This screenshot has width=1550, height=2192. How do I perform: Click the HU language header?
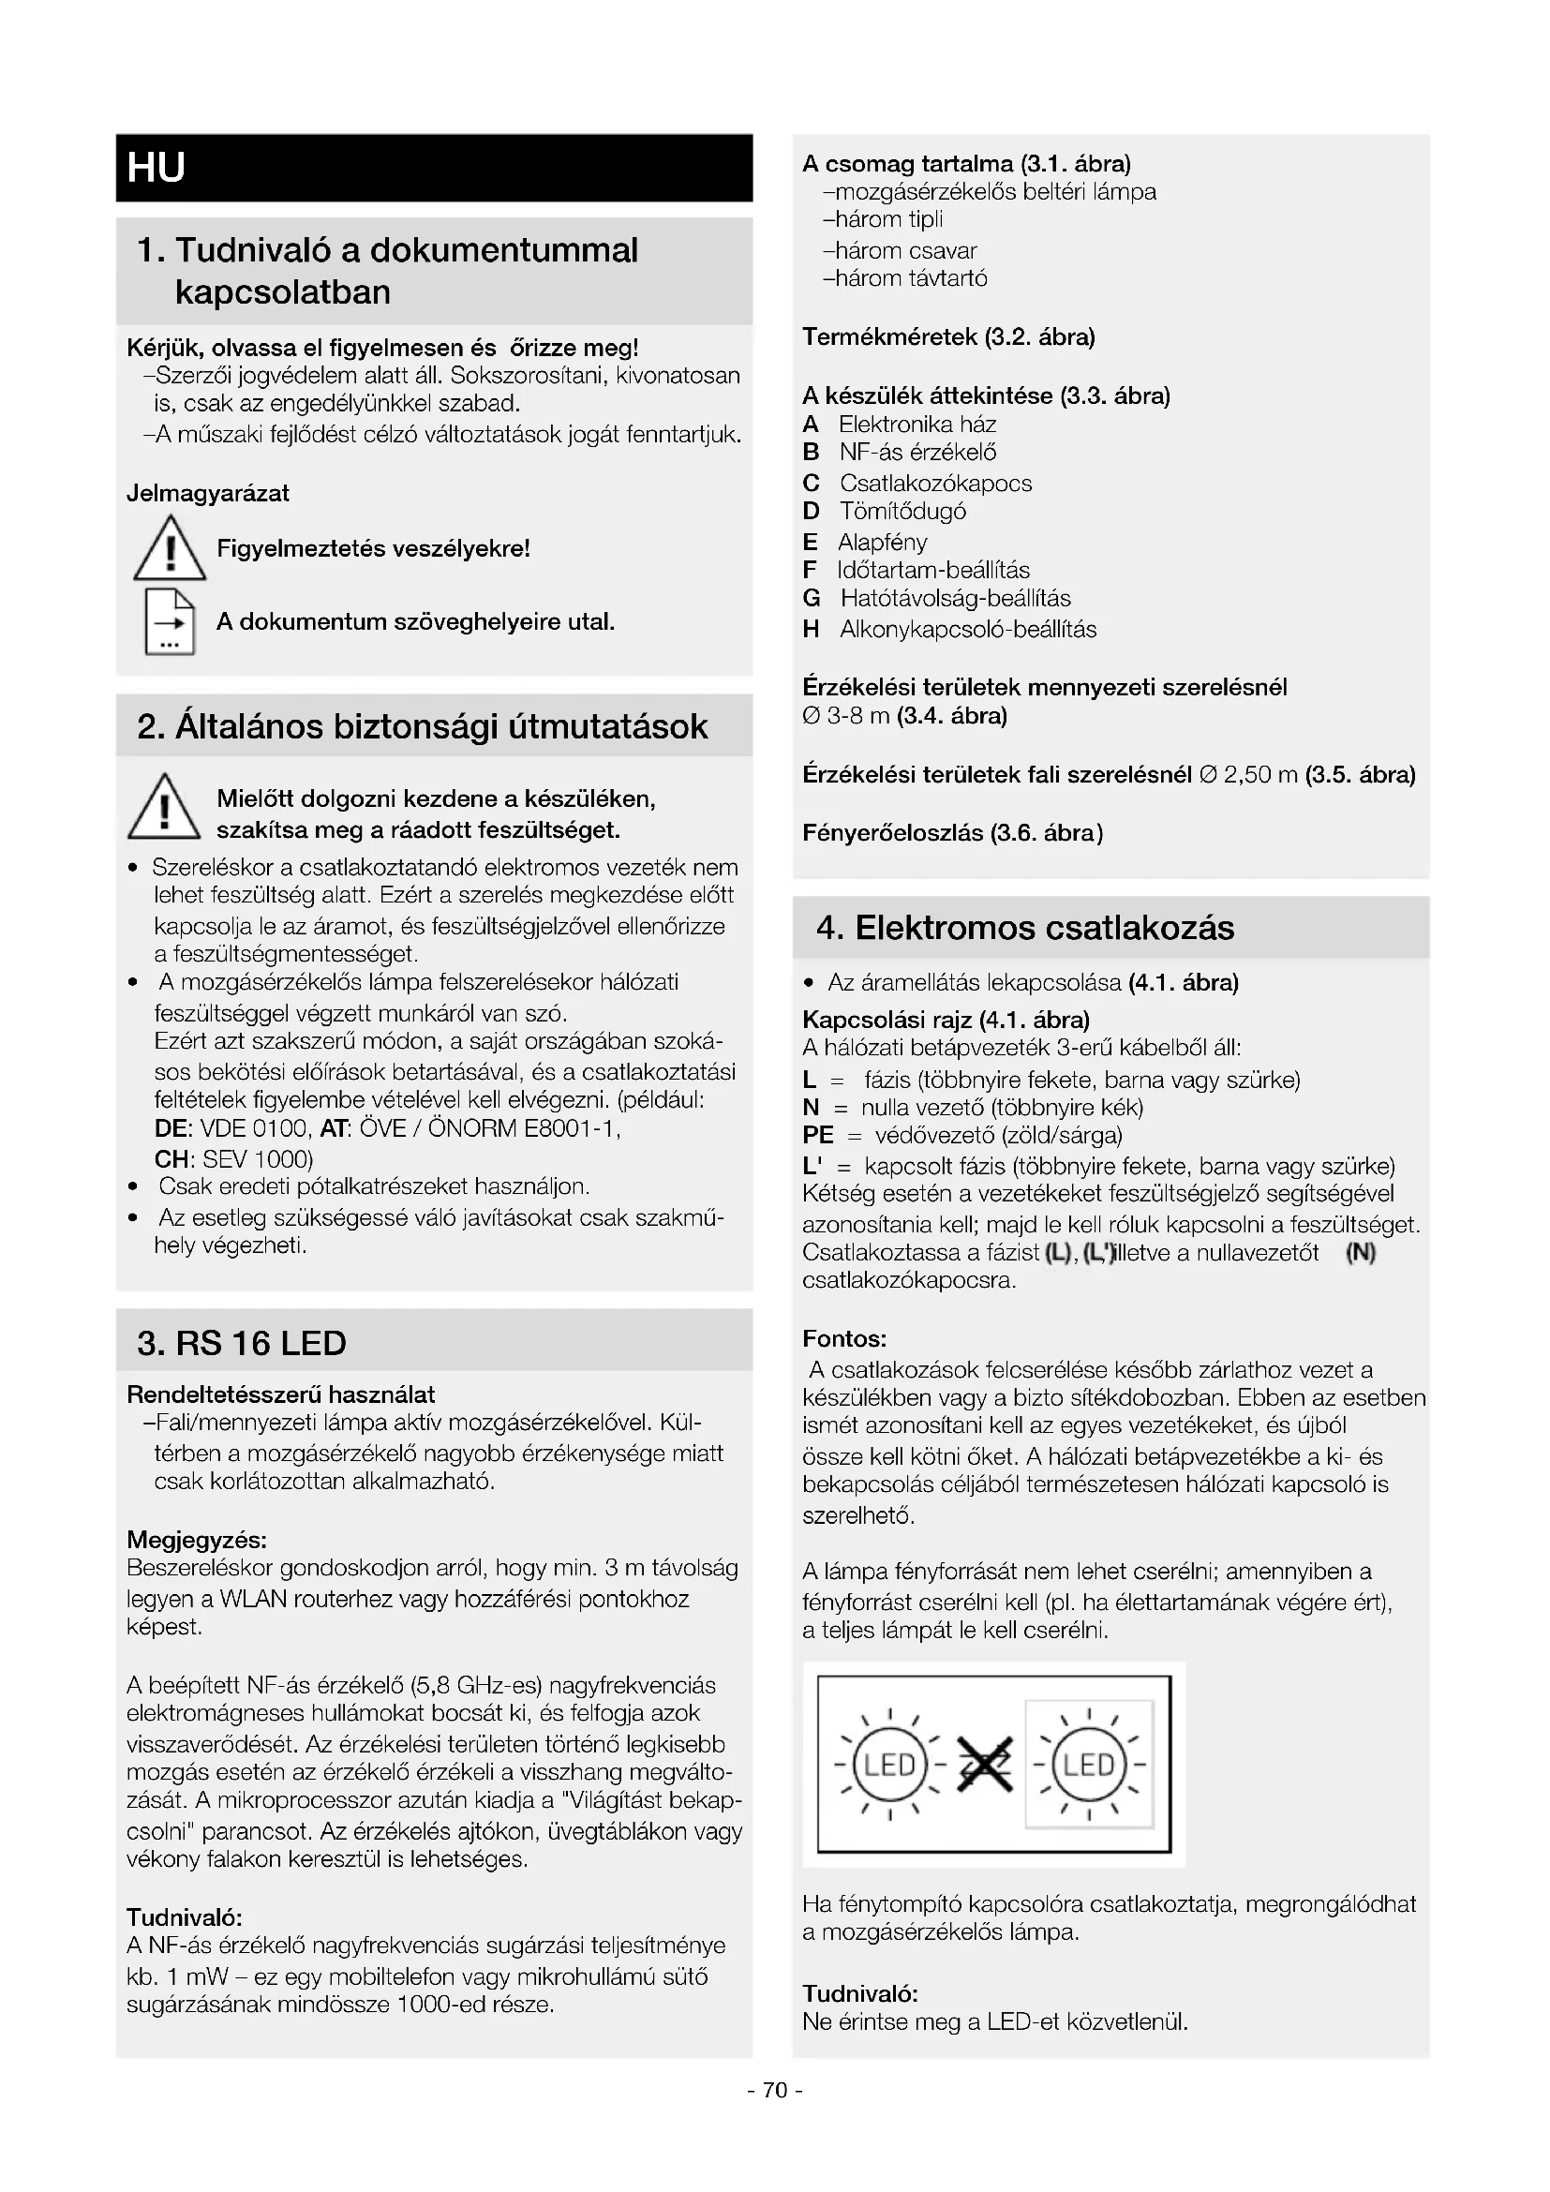[x=156, y=167]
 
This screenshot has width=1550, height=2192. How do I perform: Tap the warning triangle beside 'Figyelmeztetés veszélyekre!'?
[x=169, y=549]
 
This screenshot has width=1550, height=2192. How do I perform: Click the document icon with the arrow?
[x=169, y=621]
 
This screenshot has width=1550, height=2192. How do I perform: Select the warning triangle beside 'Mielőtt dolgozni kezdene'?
[x=164, y=808]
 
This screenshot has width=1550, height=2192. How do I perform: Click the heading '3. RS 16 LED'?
[x=242, y=1342]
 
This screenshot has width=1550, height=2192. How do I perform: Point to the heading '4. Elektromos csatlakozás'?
[x=1025, y=927]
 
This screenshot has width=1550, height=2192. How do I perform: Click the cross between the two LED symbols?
[x=983, y=1765]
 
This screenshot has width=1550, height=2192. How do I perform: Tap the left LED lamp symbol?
[x=889, y=1765]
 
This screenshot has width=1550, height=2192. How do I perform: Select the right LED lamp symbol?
[x=1089, y=1765]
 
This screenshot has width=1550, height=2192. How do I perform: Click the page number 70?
[x=775, y=2090]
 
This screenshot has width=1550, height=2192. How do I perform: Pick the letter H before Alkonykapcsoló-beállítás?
[x=812, y=629]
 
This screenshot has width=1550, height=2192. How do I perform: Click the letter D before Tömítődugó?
[x=812, y=512]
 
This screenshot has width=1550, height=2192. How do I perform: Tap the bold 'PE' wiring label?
[x=818, y=1135]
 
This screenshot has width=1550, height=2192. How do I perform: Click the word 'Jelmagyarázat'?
[x=208, y=494]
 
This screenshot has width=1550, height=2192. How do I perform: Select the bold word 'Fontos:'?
[x=844, y=1338]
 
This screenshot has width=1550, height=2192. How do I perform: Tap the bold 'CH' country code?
[x=171, y=1159]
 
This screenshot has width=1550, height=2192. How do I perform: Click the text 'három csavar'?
[x=905, y=251]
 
